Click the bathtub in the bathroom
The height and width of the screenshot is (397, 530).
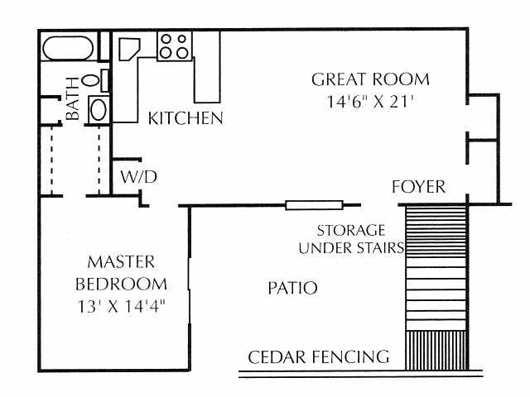tap(68, 48)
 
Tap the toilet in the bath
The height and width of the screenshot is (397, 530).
tap(95, 80)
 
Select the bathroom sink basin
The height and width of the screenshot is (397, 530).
tap(99, 109)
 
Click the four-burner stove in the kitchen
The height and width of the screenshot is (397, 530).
tap(175, 46)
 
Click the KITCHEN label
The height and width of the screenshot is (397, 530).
tap(185, 118)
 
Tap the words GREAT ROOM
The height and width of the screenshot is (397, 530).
tap(370, 79)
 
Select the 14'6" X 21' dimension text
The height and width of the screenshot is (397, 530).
tap(370, 101)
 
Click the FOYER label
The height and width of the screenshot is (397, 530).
tap(418, 187)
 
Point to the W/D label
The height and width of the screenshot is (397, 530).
tap(139, 176)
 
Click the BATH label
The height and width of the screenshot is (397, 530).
tap(73, 98)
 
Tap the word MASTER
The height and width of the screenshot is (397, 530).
tap(121, 262)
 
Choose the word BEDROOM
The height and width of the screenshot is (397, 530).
tap(121, 284)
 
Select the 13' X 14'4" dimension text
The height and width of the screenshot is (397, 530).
tap(121, 306)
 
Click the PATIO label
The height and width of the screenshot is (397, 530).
tap(292, 288)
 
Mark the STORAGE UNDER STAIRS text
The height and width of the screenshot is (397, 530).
tap(351, 239)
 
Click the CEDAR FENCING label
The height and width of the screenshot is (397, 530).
tap(318, 357)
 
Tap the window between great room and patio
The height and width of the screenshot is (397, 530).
tap(314, 205)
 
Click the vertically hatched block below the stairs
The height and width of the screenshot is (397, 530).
tap(436, 350)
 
